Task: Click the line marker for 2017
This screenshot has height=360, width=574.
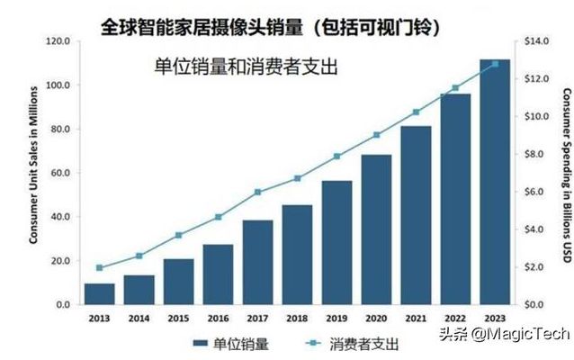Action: (257, 192)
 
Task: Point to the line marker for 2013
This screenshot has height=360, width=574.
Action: (99, 267)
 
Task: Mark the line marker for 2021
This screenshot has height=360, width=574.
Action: (416, 112)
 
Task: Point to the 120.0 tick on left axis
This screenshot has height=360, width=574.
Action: (58, 41)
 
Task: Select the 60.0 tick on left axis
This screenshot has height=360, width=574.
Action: (60, 173)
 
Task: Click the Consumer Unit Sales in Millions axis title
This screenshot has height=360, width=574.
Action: (33, 173)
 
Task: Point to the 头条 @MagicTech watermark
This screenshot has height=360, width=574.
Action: (503, 334)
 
